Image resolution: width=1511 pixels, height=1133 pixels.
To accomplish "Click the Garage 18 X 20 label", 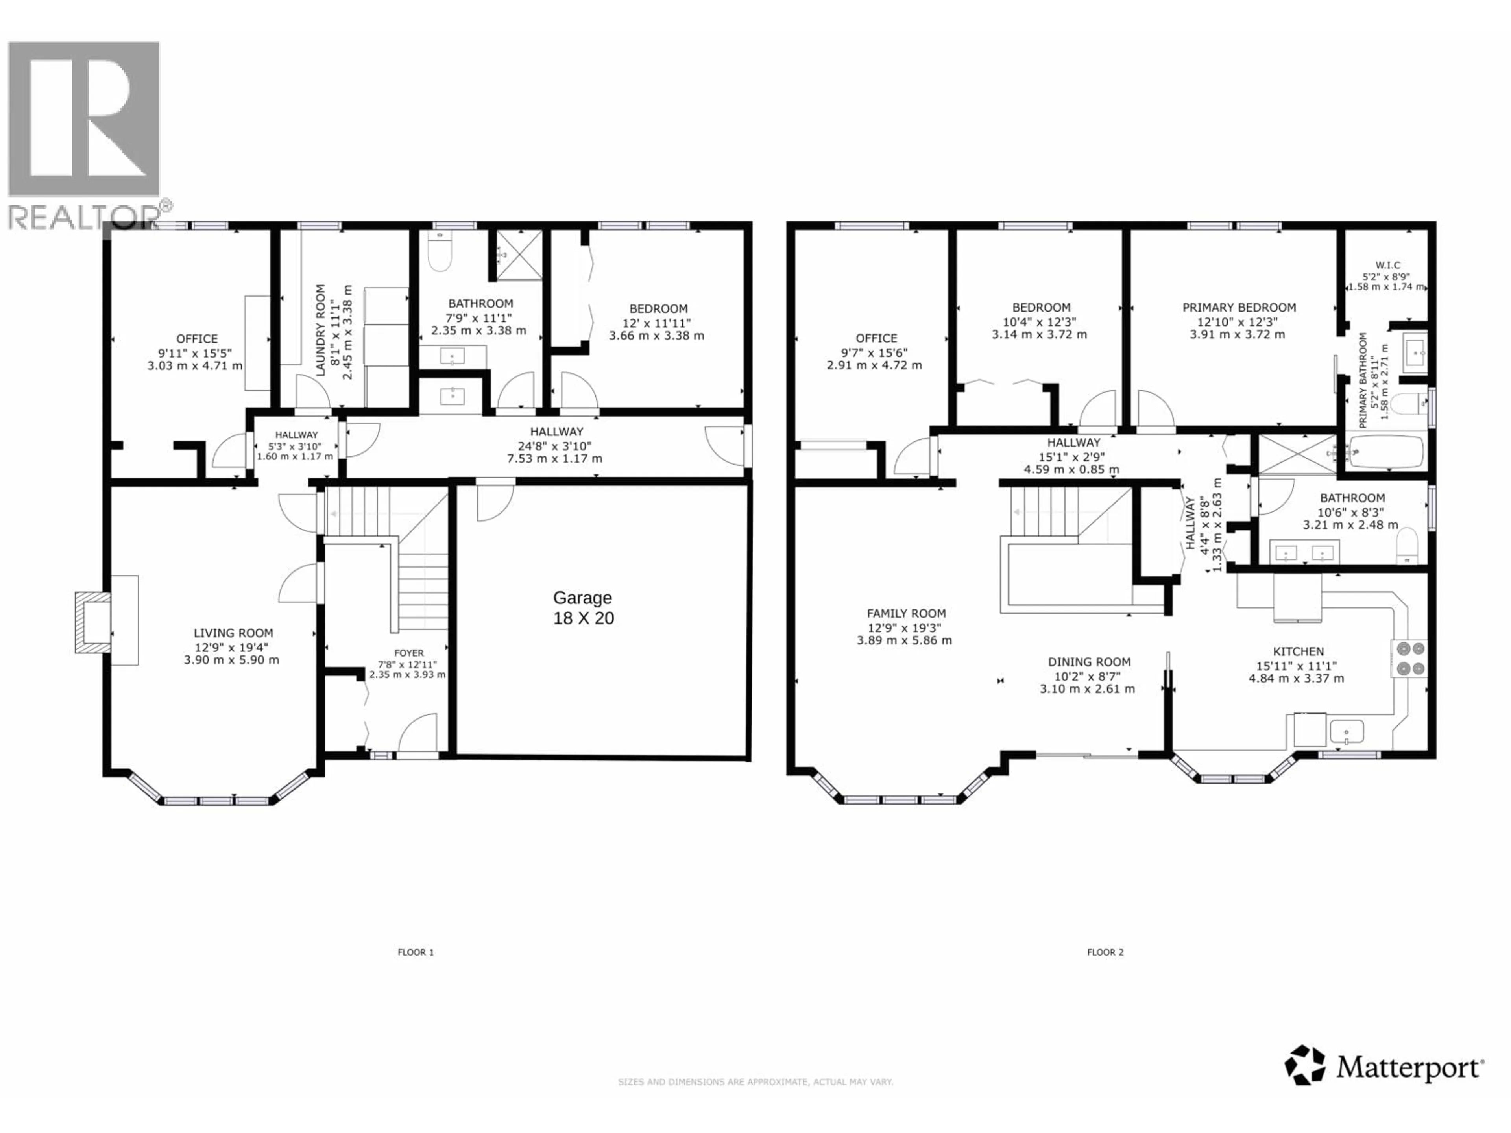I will (x=583, y=608).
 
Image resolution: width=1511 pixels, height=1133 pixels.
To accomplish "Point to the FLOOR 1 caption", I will (x=415, y=952).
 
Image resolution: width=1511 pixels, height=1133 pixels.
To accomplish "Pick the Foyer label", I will (x=408, y=653).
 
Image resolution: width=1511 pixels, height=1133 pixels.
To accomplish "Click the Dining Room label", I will (x=1089, y=662).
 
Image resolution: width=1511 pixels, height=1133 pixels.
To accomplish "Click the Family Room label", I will (x=906, y=613).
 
